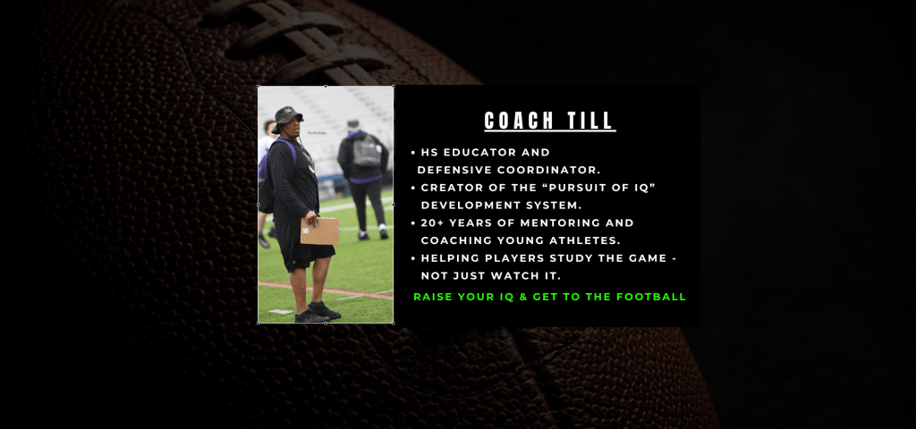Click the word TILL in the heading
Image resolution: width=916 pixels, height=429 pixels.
(x=590, y=121)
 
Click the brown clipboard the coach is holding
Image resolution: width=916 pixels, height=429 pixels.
(x=319, y=231)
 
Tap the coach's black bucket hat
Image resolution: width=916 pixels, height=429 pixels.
(x=287, y=117)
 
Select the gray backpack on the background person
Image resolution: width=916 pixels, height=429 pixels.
(x=366, y=150)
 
